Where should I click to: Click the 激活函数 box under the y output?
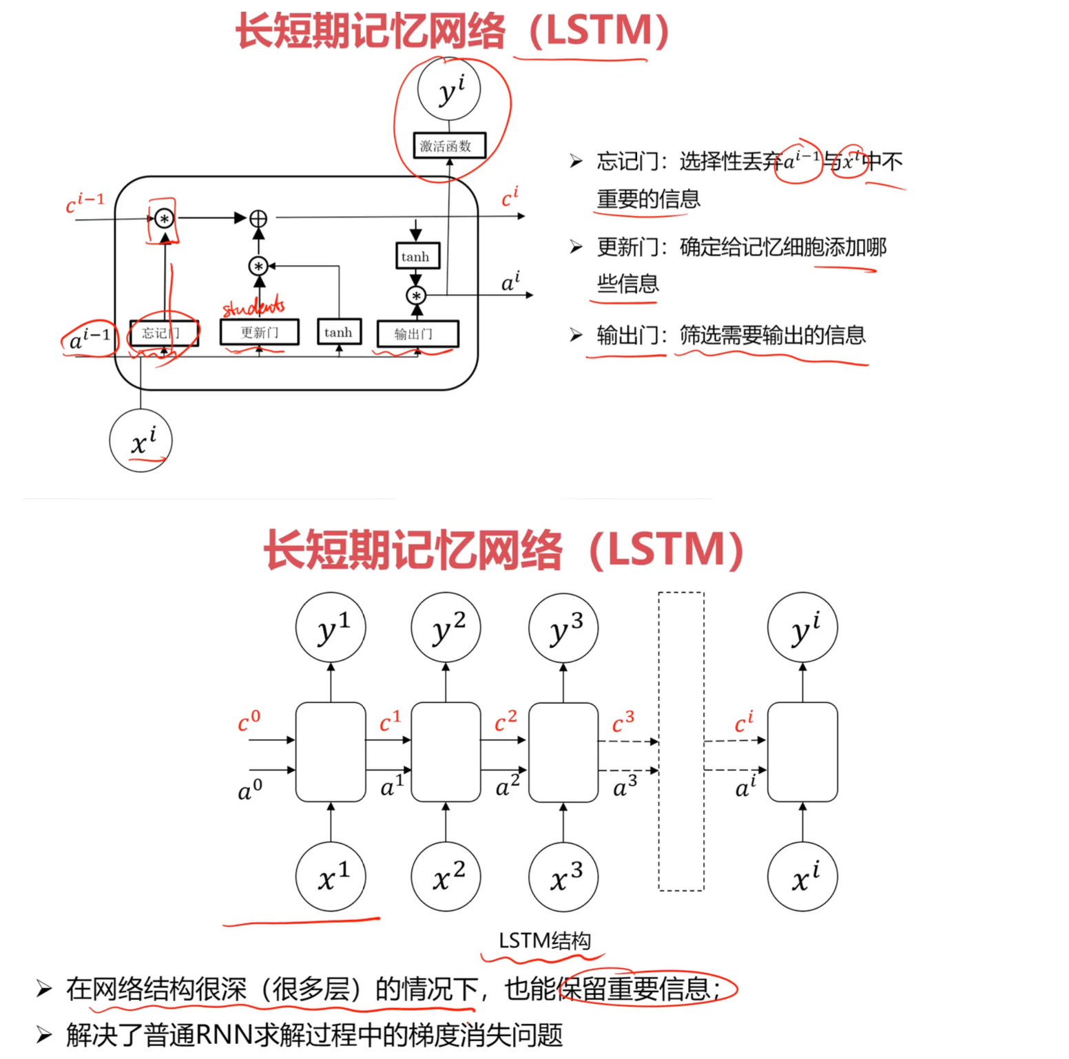coord(449,146)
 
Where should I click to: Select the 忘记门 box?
coord(163,333)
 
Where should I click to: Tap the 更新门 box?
coord(259,333)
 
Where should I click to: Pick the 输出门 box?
coord(417,334)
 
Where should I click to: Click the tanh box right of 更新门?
coord(338,332)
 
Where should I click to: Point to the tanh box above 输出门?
coord(415,256)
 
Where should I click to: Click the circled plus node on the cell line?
coord(258,218)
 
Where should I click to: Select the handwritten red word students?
coord(253,306)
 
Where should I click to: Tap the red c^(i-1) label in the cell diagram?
coord(85,202)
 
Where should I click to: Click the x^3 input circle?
coord(563,877)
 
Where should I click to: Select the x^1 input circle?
coord(331,877)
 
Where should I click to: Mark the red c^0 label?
coord(249,721)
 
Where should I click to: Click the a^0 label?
coord(250,789)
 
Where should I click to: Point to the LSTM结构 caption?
coord(544,941)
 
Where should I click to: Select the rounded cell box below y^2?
coord(446,752)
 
